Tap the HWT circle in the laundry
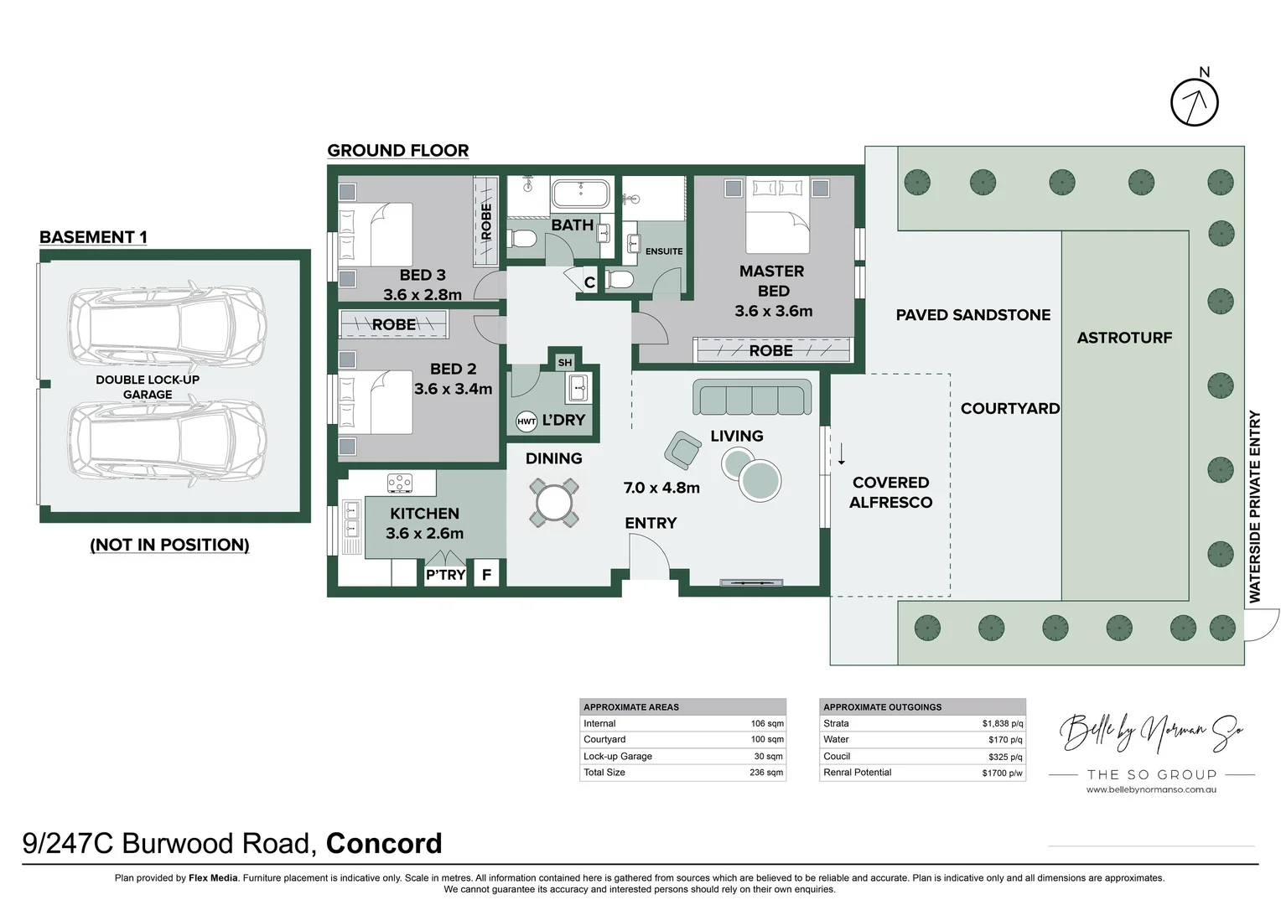526,421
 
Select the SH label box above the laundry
565,363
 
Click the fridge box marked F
487,574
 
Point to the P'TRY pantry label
445,575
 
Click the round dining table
553,503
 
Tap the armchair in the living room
682,450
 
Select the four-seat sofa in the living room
752,396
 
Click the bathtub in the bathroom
581,195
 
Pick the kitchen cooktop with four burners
400,484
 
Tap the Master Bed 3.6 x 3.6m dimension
773,311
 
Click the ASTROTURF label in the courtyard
1124,338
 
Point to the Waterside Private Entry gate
1262,624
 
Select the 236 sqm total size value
766,773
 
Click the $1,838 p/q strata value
1003,723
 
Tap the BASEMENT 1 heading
93,236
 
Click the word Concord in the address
384,843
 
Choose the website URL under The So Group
1151,789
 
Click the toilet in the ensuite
619,280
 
